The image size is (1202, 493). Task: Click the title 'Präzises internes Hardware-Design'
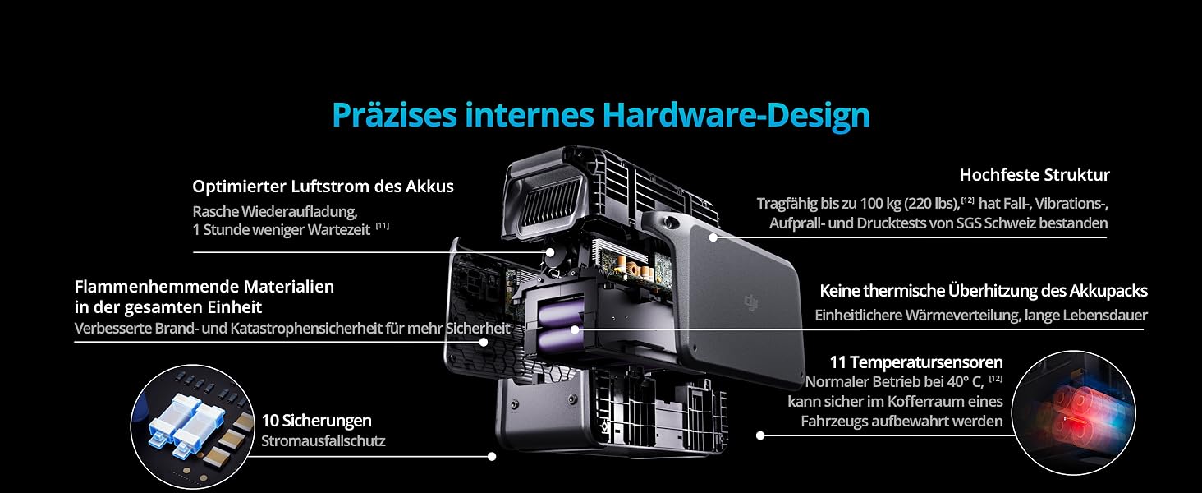[600, 114]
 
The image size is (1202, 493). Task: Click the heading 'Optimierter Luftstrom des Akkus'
[323, 187]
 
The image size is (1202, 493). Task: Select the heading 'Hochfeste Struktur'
[1034, 175]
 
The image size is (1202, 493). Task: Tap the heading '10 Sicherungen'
[316, 421]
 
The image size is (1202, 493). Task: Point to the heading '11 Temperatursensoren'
[915, 362]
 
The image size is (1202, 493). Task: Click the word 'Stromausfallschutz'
[323, 441]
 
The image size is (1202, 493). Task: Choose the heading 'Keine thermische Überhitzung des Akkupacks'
[983, 291]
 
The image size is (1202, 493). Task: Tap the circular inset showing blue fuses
[191, 426]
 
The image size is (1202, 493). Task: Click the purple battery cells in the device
[560, 325]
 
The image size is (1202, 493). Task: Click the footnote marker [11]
[383, 226]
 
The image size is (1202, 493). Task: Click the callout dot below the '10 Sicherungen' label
[492, 456]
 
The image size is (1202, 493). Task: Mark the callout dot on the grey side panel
[713, 237]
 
